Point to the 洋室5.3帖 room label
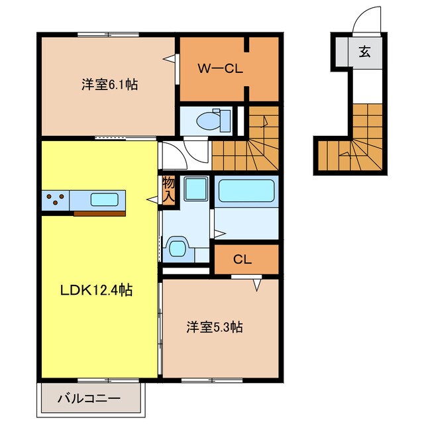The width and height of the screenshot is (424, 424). (x=214, y=327)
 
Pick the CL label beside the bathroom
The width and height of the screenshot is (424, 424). (x=242, y=260)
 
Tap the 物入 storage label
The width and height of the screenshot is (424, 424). (x=169, y=188)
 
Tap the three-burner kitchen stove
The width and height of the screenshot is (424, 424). (x=54, y=199)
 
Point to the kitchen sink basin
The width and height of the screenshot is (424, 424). (x=104, y=199)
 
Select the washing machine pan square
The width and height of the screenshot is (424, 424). (x=195, y=189)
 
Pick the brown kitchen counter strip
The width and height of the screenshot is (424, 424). (x=99, y=213)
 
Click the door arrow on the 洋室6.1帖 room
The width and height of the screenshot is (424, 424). (x=169, y=59)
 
